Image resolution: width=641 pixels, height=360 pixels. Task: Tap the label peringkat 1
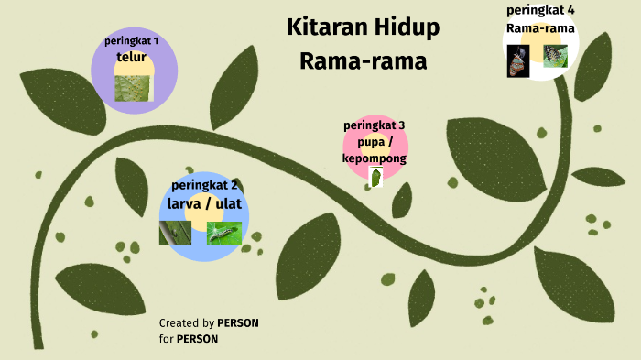132,41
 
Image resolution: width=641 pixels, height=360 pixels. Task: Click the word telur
132,57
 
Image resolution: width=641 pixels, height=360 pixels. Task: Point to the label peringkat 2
204,184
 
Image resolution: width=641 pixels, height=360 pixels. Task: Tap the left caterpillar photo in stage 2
175,233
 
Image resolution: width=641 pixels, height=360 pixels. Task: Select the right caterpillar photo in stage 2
223,233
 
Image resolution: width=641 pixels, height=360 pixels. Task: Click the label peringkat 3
375,125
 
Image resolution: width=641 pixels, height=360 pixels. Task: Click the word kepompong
375,158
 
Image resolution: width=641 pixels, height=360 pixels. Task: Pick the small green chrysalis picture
375,176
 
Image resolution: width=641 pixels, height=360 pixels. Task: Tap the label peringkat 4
540,11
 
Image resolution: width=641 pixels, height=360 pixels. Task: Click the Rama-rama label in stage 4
541,28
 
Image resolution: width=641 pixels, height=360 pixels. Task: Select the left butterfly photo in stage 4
518,60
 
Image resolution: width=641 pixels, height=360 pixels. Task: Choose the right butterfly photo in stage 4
554,57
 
